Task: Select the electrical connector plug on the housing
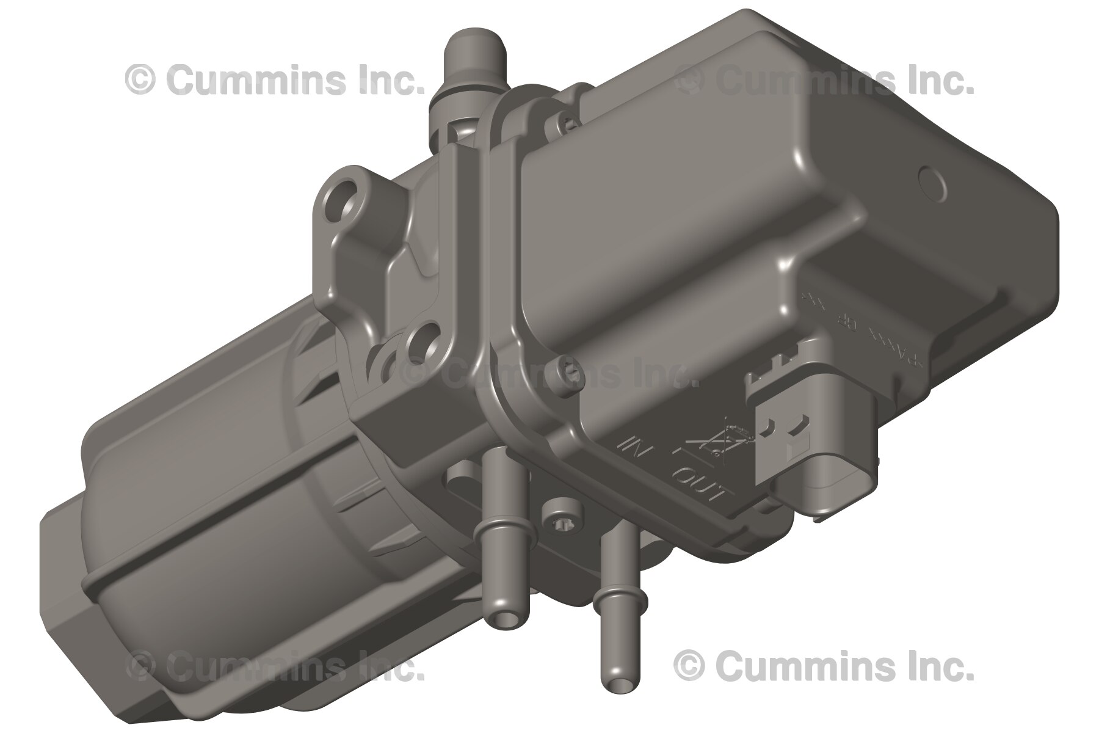(x=794, y=428)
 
